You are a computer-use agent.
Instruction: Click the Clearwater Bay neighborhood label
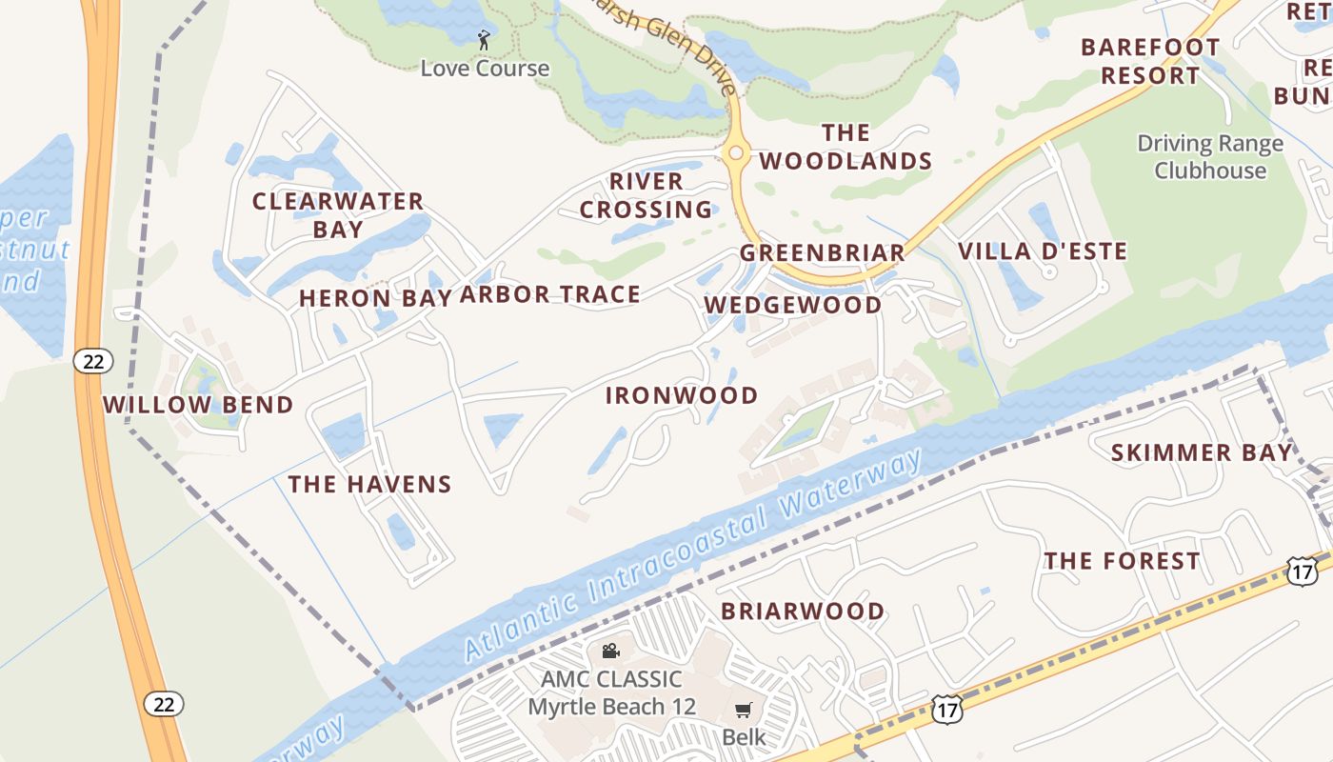pos(338,215)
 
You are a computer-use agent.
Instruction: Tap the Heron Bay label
pos(375,298)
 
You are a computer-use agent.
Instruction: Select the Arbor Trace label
pos(550,295)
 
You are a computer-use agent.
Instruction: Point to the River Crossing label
pos(647,195)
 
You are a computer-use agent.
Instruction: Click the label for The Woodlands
pos(846,147)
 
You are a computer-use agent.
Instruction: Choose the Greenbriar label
pos(823,253)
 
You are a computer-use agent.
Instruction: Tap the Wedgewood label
pos(793,305)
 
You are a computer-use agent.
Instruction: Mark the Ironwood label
pos(682,395)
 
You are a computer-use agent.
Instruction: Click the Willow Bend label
pos(198,405)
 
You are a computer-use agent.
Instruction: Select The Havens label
pos(370,485)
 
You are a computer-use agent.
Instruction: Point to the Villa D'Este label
pos(1043,251)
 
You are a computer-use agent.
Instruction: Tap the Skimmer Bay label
pos(1202,453)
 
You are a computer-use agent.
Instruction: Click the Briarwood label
pos(803,612)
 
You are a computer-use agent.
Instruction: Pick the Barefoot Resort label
pos(1150,61)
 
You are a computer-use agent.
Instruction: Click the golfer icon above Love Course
pos(484,40)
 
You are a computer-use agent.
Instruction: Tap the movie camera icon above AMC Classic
pos(611,651)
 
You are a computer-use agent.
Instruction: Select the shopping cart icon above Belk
pos(744,710)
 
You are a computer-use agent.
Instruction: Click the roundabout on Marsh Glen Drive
pos(734,152)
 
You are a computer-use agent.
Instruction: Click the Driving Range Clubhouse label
pos(1210,157)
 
